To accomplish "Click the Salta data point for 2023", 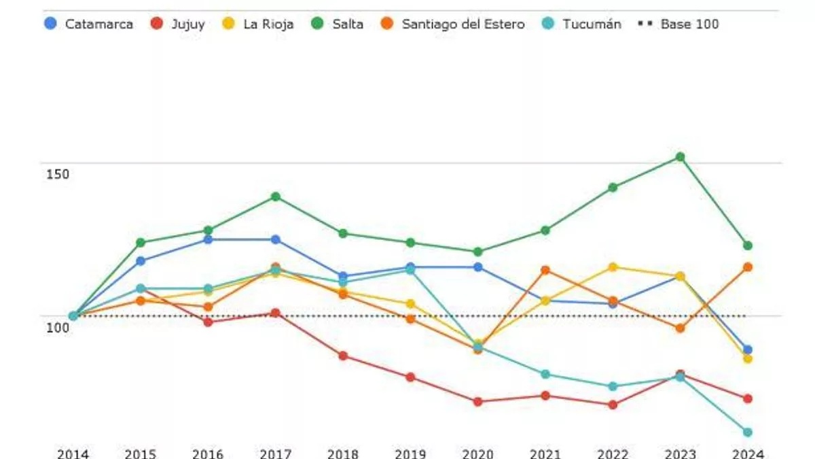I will click(680, 157).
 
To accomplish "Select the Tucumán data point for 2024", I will click(747, 432).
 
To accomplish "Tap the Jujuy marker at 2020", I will click(477, 402).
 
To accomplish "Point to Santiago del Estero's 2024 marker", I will click(747, 267).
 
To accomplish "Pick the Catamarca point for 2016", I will click(208, 239).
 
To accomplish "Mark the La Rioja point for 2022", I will click(613, 267).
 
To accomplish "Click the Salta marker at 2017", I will click(275, 197).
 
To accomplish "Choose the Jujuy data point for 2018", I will click(343, 356).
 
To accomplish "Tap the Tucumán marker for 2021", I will click(545, 374).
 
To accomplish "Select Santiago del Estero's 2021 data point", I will click(545, 270).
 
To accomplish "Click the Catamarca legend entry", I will click(89, 24).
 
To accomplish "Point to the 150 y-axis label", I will click(58, 174).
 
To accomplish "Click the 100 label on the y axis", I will click(58, 327).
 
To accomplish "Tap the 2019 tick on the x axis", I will click(410, 454).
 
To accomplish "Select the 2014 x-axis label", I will click(73, 454).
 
